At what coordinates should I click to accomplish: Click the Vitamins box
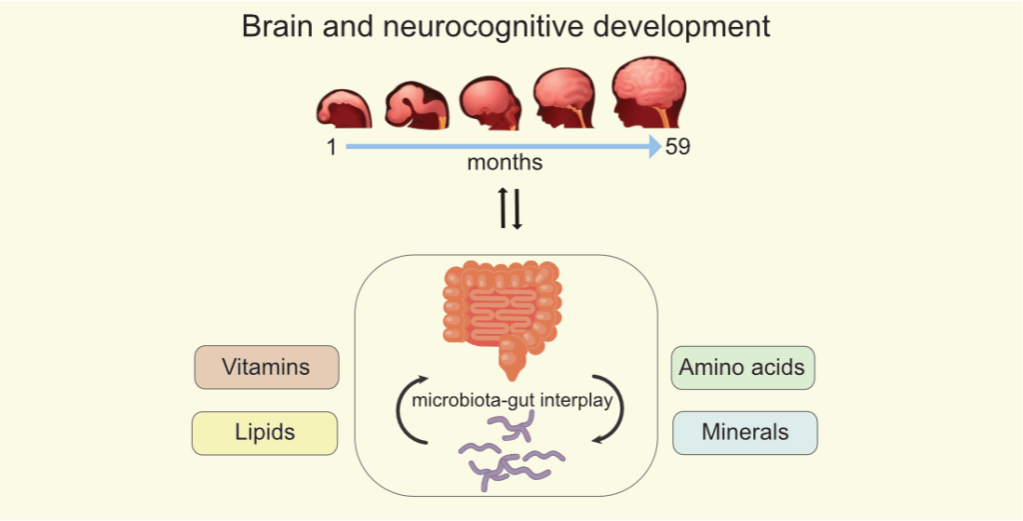(266, 367)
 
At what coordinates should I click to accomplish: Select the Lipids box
(265, 432)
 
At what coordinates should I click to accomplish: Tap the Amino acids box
(742, 367)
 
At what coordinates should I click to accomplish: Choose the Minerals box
(744, 432)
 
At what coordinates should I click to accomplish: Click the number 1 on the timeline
(331, 148)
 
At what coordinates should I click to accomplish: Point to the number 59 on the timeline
(677, 148)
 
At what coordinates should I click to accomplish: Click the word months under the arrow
(505, 162)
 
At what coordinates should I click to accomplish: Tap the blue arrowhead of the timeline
(653, 147)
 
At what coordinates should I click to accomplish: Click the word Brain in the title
(279, 26)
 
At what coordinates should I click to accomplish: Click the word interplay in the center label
(583, 402)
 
